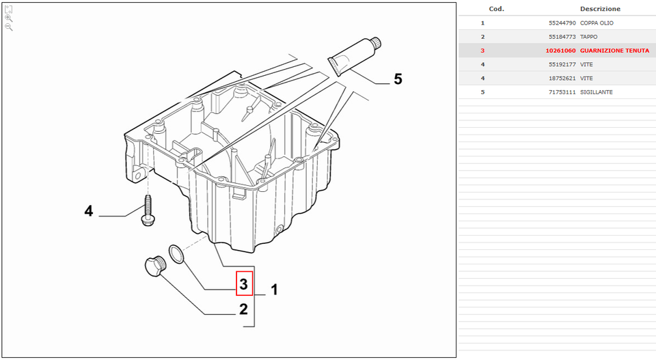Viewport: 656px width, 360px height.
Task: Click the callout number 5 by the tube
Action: (398, 80)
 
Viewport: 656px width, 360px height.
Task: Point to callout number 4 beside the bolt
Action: (88, 212)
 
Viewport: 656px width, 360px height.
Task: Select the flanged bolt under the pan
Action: (146, 212)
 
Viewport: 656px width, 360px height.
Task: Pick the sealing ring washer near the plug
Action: (176, 254)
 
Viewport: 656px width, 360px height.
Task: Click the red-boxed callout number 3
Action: (245, 283)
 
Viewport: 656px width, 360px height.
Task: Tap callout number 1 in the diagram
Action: (274, 290)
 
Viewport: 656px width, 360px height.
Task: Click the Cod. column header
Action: (497, 9)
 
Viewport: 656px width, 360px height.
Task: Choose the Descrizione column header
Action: (600, 9)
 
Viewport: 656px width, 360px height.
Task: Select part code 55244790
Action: (561, 23)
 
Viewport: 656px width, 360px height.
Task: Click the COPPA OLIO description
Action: (597, 23)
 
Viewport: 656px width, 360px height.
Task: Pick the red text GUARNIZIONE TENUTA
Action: (614, 51)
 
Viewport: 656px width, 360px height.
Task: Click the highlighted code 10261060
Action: (560, 51)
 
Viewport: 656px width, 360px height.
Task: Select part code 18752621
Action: (561, 78)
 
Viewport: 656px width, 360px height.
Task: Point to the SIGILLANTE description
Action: (596, 92)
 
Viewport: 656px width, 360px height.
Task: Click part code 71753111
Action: (561, 92)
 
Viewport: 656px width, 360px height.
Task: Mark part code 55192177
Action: (561, 64)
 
